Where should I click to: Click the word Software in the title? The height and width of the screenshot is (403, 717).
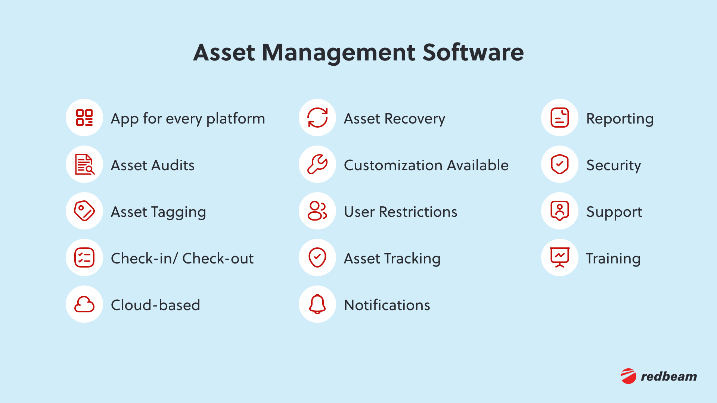[473, 52]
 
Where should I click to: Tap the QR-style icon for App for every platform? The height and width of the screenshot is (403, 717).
[84, 118]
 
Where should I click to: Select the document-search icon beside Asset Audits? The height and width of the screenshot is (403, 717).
[84, 164]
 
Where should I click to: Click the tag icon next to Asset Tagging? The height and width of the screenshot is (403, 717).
[84, 211]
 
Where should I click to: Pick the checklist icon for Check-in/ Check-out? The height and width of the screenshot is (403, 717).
[84, 257]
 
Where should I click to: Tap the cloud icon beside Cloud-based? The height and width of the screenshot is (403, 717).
[84, 304]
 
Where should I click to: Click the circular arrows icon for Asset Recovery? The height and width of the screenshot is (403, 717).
[317, 118]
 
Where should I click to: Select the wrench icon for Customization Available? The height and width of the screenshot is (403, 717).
[317, 164]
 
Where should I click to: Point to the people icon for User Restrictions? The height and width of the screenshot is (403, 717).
[317, 211]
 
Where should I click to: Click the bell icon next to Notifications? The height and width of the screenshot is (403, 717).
[317, 304]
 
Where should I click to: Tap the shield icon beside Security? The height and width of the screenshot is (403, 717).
[559, 164]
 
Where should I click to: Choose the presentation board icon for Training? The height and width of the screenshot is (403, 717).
[559, 257]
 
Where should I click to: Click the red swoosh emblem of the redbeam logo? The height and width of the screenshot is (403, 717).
[628, 376]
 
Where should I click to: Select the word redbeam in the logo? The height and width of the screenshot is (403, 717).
[669, 377]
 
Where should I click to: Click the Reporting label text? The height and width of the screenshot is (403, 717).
[620, 119]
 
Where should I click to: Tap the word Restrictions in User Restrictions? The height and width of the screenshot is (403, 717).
[418, 212]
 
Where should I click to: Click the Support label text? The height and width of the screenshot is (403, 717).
[614, 212]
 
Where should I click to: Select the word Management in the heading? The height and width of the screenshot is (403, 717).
[338, 52]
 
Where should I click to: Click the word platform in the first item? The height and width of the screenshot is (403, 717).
[236, 119]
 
